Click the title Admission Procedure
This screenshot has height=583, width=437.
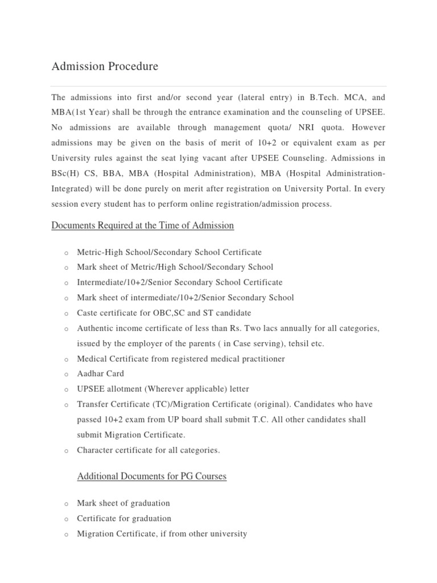(105, 67)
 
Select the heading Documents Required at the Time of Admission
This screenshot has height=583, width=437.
(142, 225)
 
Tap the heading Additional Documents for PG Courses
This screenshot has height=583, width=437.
(151, 477)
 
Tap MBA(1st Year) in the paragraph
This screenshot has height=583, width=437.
(81, 113)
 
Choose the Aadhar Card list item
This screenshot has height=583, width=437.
(100, 374)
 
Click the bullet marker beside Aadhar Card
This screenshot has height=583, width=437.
(66, 375)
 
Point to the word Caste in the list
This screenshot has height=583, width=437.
(88, 313)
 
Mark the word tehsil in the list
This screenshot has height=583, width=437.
(279, 344)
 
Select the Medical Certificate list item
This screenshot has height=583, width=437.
(181, 359)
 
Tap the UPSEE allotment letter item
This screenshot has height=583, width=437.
(163, 389)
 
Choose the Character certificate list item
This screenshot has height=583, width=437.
(148, 450)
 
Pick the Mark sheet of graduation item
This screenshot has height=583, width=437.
(123, 503)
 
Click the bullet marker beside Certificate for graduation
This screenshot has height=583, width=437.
(66, 519)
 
